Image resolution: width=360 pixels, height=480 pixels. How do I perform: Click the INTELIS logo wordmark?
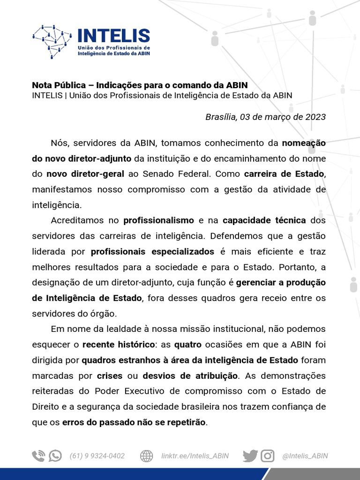click(x=113, y=36)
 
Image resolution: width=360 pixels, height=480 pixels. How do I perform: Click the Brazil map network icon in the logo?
click(x=52, y=41)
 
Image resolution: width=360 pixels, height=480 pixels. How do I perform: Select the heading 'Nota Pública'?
click(x=59, y=85)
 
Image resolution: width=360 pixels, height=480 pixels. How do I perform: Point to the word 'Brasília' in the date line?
click(x=221, y=117)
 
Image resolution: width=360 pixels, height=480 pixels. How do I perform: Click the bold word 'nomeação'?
click(x=304, y=143)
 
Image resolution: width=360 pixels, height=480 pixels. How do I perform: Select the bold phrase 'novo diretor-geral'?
click(x=85, y=174)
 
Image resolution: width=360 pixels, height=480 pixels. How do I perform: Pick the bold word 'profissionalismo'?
click(x=158, y=220)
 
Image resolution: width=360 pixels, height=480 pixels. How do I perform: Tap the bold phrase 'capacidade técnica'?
click(x=264, y=220)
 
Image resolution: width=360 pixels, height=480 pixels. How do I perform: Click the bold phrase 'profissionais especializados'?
click(x=152, y=251)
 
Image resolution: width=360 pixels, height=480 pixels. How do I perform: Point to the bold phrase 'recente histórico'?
click(x=119, y=345)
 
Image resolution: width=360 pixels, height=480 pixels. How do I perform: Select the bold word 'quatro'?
click(x=187, y=345)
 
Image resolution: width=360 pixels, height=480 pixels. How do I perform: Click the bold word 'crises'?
click(x=110, y=375)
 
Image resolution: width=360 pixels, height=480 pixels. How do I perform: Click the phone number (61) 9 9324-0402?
click(x=97, y=456)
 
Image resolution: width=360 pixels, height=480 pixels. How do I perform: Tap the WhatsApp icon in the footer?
click(x=55, y=456)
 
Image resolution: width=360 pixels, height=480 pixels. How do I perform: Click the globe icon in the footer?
click(x=147, y=456)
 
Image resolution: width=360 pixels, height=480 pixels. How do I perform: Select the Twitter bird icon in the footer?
click(x=250, y=456)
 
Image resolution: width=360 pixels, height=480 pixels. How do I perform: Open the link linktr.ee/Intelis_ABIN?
click(x=195, y=456)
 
